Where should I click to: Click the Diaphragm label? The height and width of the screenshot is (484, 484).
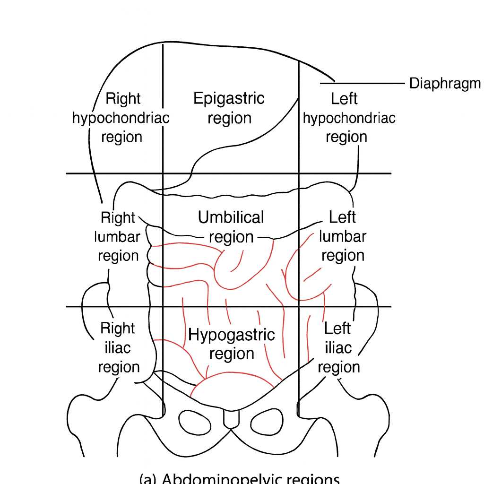[444, 84]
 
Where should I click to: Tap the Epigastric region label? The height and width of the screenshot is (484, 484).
[229, 108]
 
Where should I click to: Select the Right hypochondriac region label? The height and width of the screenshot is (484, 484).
[121, 118]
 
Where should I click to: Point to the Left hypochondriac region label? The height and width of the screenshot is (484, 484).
[349, 118]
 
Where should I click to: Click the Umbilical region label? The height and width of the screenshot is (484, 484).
[231, 227]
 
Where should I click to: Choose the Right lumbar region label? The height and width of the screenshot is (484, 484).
[118, 236]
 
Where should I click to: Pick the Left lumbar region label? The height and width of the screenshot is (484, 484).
[343, 236]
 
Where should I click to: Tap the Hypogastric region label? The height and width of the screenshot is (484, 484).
[232, 344]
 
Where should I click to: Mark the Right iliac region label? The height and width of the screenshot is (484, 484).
[118, 347]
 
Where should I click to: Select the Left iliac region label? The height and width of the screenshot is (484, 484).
[338, 347]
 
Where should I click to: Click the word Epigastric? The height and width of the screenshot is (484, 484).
[229, 99]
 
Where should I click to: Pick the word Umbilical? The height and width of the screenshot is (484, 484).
[231, 218]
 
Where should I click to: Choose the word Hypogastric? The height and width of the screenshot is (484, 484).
[232, 335]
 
